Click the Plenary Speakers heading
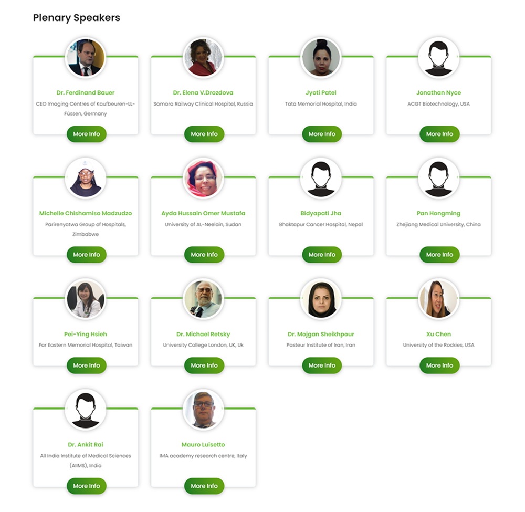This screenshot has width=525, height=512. (x=76, y=18)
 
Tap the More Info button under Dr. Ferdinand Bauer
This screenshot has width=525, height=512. (x=87, y=134)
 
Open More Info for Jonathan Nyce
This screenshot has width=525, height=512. (x=439, y=134)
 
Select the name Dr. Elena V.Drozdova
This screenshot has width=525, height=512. (x=203, y=93)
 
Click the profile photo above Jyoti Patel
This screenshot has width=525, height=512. (x=321, y=57)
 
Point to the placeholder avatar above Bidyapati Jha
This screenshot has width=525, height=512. (x=321, y=178)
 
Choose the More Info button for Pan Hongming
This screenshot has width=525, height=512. (x=439, y=255)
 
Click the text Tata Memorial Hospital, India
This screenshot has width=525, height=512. (x=321, y=104)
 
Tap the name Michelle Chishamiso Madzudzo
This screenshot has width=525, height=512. (x=86, y=213)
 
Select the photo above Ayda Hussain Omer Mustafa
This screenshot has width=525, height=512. (x=203, y=178)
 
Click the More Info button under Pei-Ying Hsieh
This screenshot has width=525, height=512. (x=87, y=365)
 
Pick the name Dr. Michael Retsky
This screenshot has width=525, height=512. (x=203, y=334)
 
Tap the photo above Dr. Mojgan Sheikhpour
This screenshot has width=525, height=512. (x=321, y=299)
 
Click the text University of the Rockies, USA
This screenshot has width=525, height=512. (x=438, y=345)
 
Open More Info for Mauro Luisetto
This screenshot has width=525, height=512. (x=204, y=486)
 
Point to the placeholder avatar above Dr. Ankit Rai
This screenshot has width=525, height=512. (x=86, y=409)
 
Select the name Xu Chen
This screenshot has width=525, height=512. (x=438, y=334)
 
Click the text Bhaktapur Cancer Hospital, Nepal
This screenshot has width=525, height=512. (x=321, y=224)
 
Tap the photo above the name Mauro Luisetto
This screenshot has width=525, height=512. (x=203, y=409)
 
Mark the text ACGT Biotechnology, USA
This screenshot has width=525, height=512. (x=438, y=104)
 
